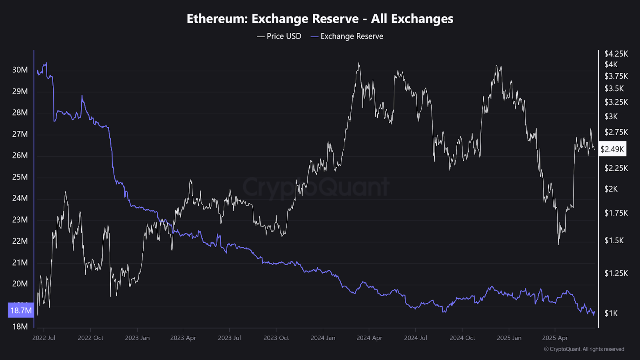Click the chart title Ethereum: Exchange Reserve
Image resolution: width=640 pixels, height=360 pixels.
coord(320,19)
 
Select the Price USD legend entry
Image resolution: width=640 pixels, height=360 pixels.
coord(279,36)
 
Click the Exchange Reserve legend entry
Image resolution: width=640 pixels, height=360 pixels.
coord(347,36)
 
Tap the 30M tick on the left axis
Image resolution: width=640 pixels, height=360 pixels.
coord(20,70)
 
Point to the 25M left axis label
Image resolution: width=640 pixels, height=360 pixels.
coord(20,177)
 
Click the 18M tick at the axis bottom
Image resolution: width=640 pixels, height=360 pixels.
coord(20,326)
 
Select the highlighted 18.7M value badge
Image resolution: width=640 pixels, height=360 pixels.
coord(21,310)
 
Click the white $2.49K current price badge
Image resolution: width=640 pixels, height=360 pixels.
coord(612,149)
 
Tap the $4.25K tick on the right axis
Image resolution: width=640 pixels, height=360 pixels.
coord(616,54)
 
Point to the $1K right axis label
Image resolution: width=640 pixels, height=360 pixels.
coord(611,313)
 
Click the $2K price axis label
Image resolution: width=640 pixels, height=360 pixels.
coord(611,189)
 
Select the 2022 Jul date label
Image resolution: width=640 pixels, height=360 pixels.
coord(44,338)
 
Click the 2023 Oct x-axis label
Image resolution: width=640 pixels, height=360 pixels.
coord(276,338)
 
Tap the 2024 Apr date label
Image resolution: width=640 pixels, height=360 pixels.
coord(369,338)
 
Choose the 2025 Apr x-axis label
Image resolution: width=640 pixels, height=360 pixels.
coord(555,338)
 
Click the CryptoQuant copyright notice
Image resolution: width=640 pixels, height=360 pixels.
coord(584,349)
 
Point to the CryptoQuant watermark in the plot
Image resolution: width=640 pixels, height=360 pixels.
coord(316,187)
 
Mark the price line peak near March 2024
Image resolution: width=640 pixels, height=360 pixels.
coord(359,63)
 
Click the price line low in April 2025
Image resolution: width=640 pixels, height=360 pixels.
coord(558,244)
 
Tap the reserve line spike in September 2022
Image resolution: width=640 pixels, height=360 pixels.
coord(82,96)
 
